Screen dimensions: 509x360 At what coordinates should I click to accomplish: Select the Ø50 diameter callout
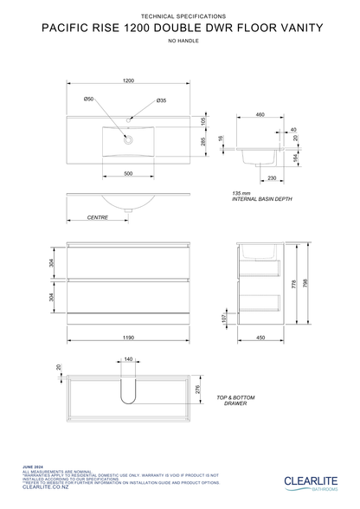[x=89, y=100]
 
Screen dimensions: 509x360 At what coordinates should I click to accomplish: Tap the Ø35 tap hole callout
[x=161, y=101]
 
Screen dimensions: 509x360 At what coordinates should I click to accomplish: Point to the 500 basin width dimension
[x=128, y=174]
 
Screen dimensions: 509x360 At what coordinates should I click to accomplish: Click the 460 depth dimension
[x=260, y=114]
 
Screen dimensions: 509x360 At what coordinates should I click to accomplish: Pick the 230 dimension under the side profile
[x=272, y=178]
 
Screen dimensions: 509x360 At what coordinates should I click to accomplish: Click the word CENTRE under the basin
[x=97, y=218]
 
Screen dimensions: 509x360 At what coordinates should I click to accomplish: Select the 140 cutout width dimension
[x=128, y=358]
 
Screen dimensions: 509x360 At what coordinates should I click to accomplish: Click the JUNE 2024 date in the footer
[x=33, y=466]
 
